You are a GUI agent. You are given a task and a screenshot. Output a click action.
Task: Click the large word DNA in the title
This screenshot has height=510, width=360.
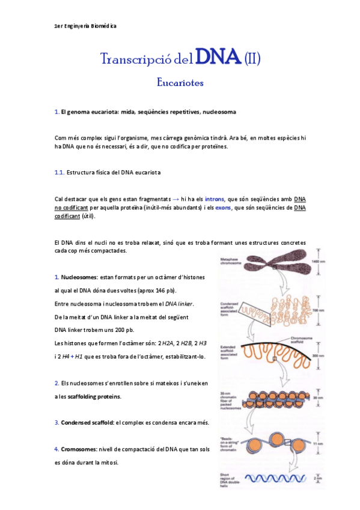[219, 58]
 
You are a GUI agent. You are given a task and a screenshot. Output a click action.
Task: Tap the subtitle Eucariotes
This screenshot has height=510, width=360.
[180, 81]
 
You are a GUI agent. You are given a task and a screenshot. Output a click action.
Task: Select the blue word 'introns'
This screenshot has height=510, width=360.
[215, 198]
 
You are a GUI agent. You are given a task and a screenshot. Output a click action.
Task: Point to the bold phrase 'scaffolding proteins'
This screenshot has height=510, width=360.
[96, 396]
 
